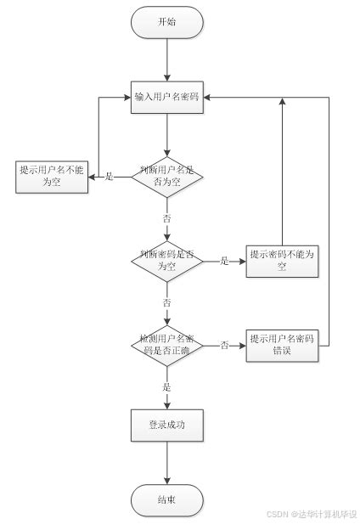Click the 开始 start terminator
click(x=167, y=23)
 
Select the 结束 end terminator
click(x=167, y=499)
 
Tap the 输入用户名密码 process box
click(x=167, y=98)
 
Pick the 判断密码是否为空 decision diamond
click(x=167, y=261)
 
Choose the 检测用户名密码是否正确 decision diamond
click(x=167, y=345)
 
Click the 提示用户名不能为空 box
click(x=53, y=176)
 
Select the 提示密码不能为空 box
click(x=282, y=261)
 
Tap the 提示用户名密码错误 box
click(x=282, y=345)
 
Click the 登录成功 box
click(x=167, y=425)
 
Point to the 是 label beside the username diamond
click(x=109, y=177)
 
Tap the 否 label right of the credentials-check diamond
click(x=225, y=346)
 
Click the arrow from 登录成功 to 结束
click(x=167, y=463)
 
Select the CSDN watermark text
click(x=311, y=514)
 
